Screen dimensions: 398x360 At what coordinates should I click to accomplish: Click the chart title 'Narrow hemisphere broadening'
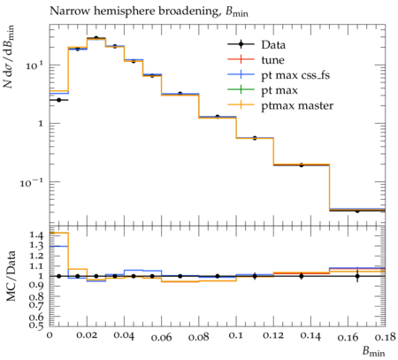134,11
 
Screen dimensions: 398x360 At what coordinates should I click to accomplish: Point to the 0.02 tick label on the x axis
87,335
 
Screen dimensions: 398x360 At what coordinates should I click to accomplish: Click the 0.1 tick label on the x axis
236,335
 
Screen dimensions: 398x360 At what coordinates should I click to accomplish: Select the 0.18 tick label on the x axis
385,335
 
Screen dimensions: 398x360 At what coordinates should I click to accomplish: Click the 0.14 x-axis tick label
310,335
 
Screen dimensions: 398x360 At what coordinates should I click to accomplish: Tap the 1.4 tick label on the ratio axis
36,235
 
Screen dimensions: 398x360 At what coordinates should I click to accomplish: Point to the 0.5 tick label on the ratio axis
36,325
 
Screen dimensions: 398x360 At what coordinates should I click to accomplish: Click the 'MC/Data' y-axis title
11,276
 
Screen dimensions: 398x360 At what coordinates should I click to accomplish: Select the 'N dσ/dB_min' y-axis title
9,57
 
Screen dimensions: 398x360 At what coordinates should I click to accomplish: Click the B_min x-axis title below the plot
373,351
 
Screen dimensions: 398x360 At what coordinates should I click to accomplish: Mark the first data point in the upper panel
58,100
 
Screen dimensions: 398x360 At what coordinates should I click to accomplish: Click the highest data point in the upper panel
96,38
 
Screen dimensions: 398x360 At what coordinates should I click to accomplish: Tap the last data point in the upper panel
357,211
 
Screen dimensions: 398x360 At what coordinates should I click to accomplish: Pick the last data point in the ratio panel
357,276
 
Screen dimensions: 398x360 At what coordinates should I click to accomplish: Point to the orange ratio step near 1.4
58,233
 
